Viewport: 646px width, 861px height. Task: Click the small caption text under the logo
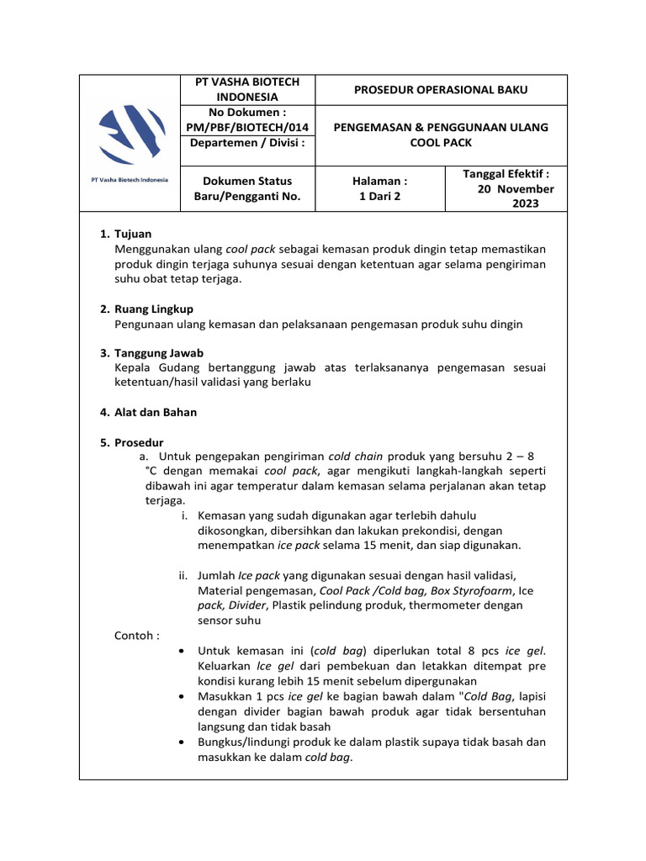tap(130, 180)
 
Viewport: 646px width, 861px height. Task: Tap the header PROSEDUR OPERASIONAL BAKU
tap(441, 90)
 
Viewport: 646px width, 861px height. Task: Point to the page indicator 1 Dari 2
tap(381, 196)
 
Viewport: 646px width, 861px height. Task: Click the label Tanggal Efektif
tap(506, 174)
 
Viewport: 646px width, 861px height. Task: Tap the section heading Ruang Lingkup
tap(154, 309)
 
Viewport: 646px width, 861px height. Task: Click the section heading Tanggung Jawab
tap(158, 353)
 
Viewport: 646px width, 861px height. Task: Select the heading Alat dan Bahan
tap(155, 412)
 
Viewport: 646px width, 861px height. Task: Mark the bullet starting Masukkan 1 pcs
tap(184, 696)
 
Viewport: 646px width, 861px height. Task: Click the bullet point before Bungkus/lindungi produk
tap(184, 742)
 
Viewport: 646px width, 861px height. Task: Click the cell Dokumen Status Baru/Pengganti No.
tap(242, 188)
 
